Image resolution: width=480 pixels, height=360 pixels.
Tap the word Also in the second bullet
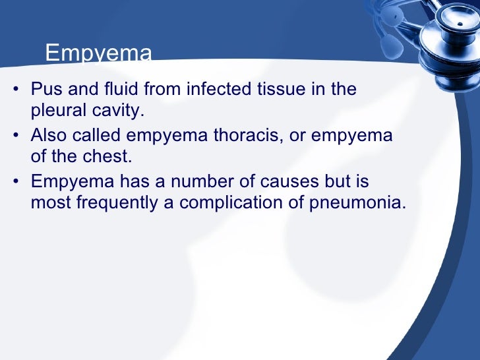tap(49, 136)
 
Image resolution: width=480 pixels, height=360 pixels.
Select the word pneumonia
tap(356, 203)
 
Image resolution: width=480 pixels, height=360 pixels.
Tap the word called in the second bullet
tap(98, 136)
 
